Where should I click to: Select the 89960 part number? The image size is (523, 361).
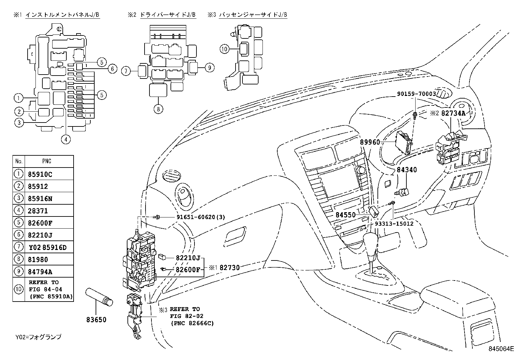point(370,142)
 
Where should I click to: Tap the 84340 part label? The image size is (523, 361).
point(407,170)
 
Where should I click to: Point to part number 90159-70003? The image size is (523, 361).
point(416,94)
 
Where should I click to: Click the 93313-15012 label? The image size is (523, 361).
point(394,223)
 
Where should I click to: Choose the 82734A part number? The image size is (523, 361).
point(453,113)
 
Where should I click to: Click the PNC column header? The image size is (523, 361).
point(47,161)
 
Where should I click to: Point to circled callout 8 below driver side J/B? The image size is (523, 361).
point(158,109)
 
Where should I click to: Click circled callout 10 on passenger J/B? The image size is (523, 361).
point(224,49)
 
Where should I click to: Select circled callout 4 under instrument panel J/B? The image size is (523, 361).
point(66,139)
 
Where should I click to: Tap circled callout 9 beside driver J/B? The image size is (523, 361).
point(210,68)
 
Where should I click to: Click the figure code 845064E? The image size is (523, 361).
point(501,349)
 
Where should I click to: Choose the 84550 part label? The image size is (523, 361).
point(346,215)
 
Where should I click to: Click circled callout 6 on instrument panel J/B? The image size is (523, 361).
point(112,69)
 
